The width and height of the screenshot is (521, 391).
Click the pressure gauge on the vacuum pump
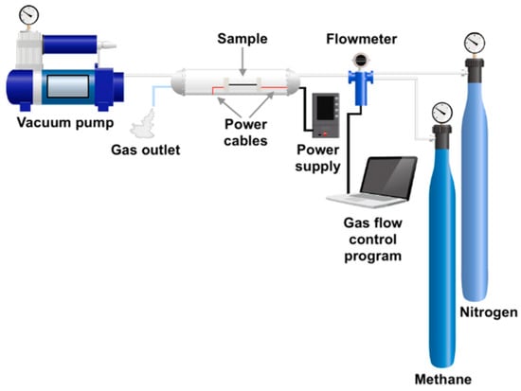tap(29, 15)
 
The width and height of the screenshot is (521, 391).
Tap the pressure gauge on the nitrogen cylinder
tap(475, 43)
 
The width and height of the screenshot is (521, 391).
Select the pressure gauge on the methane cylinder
tap(442, 113)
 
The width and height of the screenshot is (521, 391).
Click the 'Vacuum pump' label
tap(65, 122)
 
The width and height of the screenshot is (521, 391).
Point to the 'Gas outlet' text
tap(146, 150)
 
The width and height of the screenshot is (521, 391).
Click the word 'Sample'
tap(243, 39)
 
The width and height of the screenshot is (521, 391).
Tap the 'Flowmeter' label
tap(362, 39)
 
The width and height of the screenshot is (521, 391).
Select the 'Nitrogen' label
tap(489, 312)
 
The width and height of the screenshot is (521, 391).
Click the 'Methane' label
tap(443, 379)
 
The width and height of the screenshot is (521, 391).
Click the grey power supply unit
tap(326, 115)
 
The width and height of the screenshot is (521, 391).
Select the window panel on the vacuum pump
tap(68, 86)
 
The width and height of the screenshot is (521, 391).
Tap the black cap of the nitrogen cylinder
tap(475, 70)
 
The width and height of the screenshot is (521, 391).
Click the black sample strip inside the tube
tap(243, 84)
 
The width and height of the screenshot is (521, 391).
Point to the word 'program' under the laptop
tap(373, 257)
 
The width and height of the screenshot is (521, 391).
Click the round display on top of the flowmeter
tap(361, 61)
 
